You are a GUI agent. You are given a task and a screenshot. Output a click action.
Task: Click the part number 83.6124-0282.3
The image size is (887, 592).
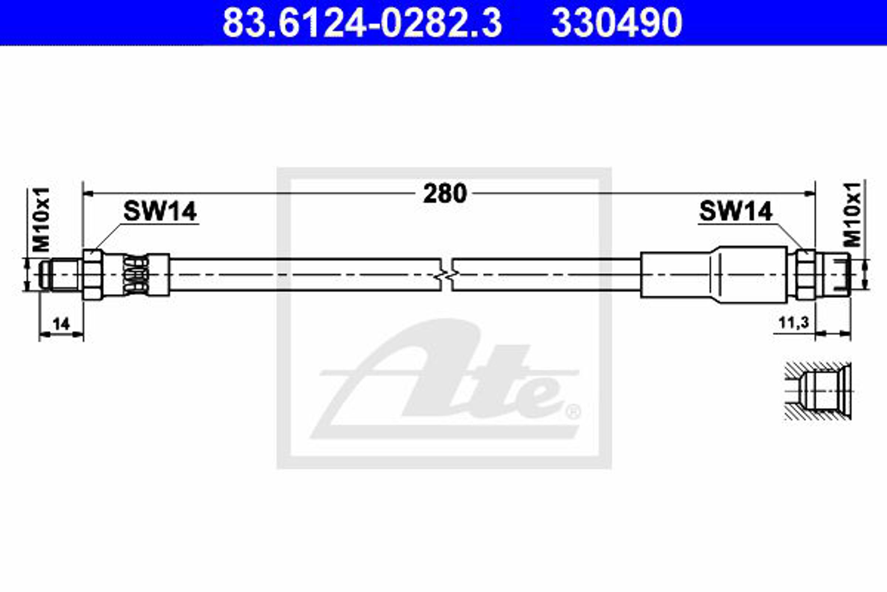362,23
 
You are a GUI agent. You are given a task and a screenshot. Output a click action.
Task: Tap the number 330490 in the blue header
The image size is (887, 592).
617,23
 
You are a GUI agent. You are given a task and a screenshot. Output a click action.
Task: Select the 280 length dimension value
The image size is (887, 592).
445,194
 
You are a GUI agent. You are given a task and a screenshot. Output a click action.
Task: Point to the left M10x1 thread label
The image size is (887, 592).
41,219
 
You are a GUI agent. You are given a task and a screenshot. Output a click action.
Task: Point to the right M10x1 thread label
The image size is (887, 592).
853,215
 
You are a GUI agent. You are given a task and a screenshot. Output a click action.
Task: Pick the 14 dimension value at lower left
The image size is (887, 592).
61,324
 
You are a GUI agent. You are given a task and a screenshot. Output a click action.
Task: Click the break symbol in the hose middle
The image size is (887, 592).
447,275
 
